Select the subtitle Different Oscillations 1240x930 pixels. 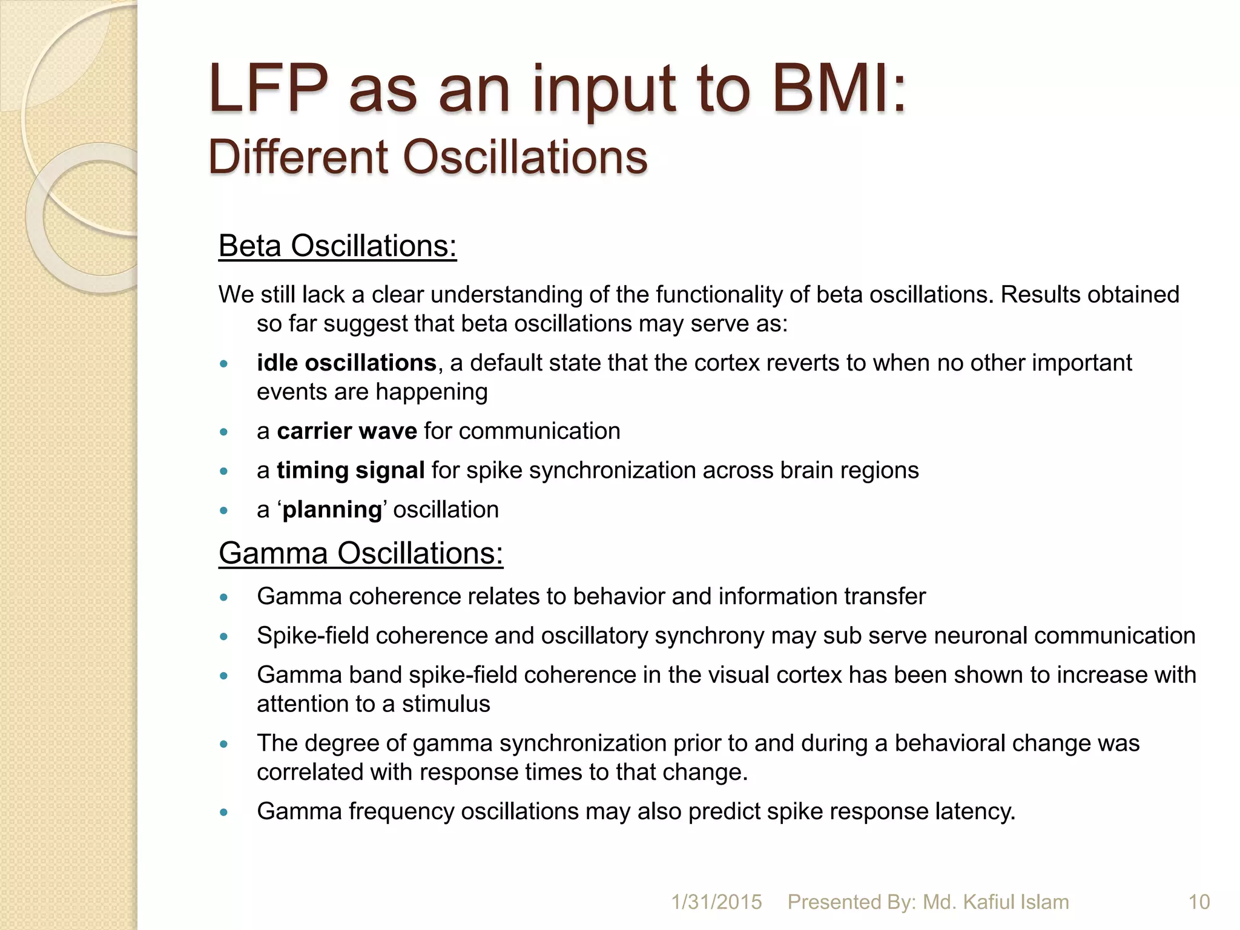[427, 157]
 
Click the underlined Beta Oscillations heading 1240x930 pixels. [337, 246]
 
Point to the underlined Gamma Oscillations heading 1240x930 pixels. [361, 553]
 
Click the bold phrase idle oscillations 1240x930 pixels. [346, 363]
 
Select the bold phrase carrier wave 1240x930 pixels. [347, 431]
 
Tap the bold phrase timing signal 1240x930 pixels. [351, 470]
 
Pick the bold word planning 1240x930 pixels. [332, 510]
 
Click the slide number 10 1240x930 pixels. [1199, 902]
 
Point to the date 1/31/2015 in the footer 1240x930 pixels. [716, 902]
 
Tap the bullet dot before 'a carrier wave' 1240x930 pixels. [224, 432]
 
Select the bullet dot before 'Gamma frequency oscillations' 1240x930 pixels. [224, 813]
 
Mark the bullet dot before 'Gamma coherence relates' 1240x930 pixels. [224, 598]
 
